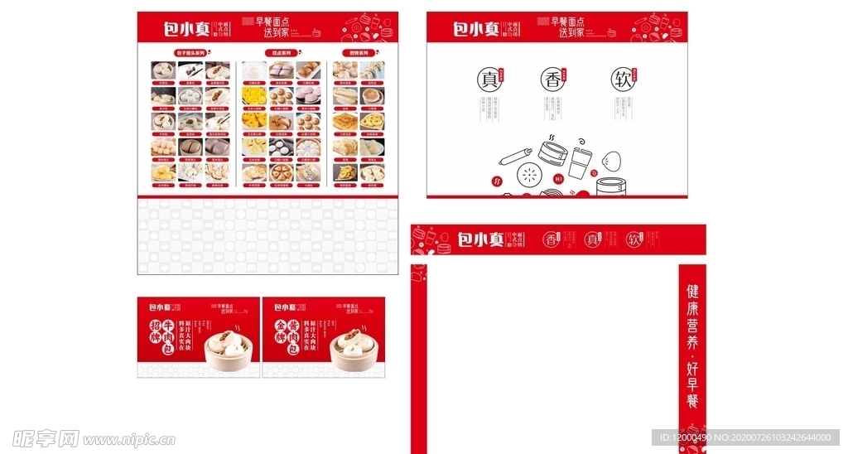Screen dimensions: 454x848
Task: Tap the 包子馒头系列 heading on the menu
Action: pos(192,53)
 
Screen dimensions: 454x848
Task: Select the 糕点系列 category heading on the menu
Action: pos(284,53)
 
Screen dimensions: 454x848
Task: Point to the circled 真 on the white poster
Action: pos(487,80)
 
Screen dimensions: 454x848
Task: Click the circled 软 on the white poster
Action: pos(623,80)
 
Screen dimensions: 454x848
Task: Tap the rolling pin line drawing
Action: pos(509,155)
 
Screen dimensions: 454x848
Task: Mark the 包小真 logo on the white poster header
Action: pos(476,29)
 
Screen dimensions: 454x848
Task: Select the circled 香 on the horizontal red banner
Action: pos(552,239)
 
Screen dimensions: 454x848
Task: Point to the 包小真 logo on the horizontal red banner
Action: pos(481,239)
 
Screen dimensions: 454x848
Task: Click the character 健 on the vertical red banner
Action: pos(692,292)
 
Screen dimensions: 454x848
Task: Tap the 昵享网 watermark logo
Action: pos(46,437)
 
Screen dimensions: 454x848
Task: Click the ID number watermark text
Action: pos(745,437)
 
